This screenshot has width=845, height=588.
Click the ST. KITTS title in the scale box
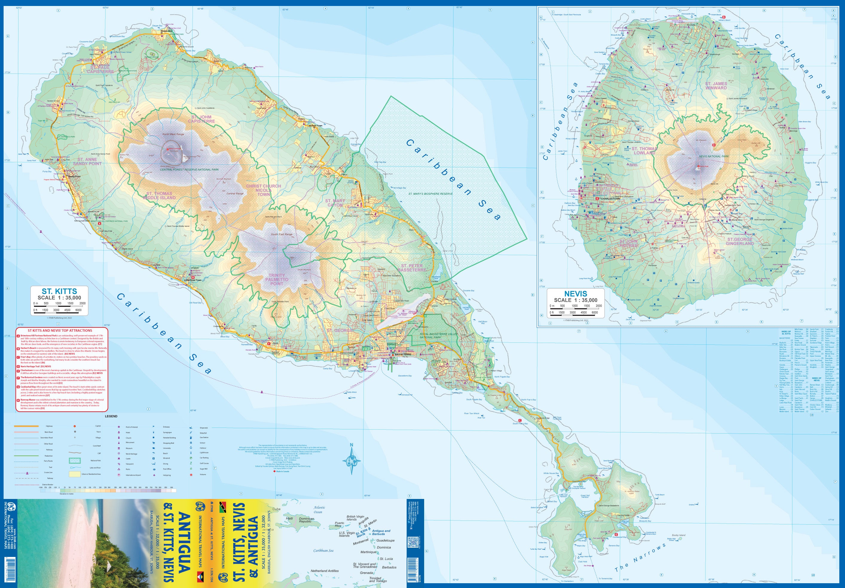[59, 291]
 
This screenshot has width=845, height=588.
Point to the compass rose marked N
[352, 460]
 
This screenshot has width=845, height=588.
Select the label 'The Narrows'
[640, 557]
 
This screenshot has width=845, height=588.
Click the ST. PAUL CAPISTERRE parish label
[100, 70]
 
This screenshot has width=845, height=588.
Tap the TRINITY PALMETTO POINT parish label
[277, 279]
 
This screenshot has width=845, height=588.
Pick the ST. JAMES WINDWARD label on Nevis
[716, 86]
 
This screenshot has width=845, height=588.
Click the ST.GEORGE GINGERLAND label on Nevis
[740, 241]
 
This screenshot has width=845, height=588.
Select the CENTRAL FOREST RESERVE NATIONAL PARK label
[189, 170]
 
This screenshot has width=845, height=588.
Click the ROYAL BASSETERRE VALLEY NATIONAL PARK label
[438, 336]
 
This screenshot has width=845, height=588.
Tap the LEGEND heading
[111, 416]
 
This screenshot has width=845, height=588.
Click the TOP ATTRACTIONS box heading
[60, 330]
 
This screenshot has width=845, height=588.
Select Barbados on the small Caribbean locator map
[389, 567]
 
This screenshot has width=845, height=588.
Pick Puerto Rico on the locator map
[339, 524]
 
